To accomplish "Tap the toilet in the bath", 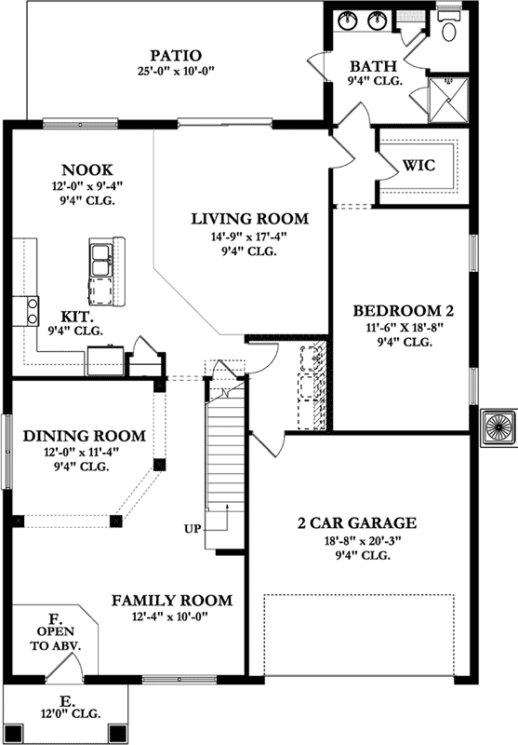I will click(449, 27).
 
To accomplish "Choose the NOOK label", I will click(87, 169).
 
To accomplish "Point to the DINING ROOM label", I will click(84, 436).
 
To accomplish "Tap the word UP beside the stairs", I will click(193, 529).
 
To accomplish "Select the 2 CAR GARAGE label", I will click(358, 522).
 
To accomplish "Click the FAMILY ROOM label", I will click(172, 601).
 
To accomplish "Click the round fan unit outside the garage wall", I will click(498, 427).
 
